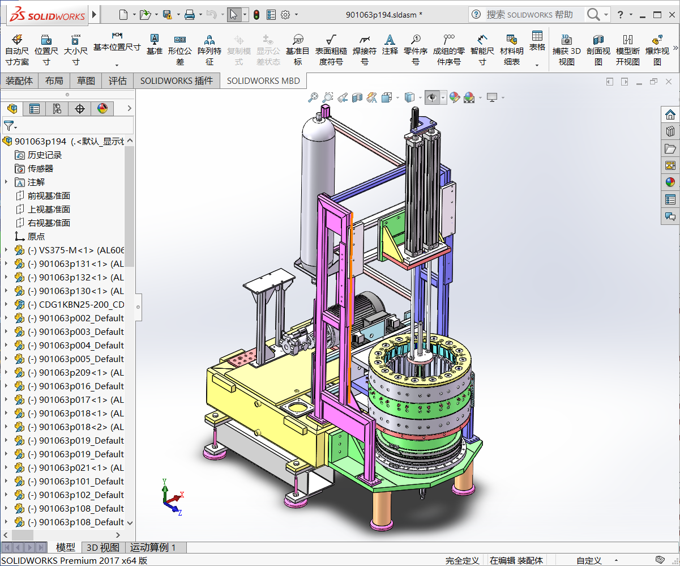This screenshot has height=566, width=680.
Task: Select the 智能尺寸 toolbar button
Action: (x=482, y=49)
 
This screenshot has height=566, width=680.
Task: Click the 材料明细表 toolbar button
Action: (x=512, y=49)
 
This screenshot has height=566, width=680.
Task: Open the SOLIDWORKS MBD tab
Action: (x=263, y=80)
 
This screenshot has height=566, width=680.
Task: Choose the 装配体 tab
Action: (x=19, y=80)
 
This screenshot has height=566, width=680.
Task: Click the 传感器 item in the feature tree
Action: (x=40, y=168)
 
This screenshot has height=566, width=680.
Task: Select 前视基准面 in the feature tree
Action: (x=49, y=195)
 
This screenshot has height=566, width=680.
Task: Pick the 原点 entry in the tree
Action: (x=36, y=236)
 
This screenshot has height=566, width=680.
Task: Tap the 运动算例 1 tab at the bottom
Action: (x=153, y=547)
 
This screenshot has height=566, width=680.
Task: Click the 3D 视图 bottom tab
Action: (x=102, y=547)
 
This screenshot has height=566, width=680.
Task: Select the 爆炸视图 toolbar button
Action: (x=657, y=49)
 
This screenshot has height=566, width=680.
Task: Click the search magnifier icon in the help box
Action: (x=593, y=15)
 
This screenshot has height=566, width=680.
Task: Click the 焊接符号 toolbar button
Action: (x=364, y=49)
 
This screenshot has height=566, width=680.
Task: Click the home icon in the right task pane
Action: (x=670, y=115)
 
